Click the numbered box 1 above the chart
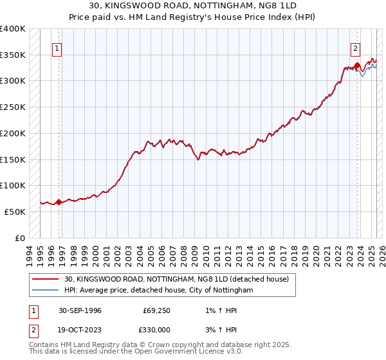pos(57,48)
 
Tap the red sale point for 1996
pos(59,202)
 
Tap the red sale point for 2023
pos(357,65)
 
